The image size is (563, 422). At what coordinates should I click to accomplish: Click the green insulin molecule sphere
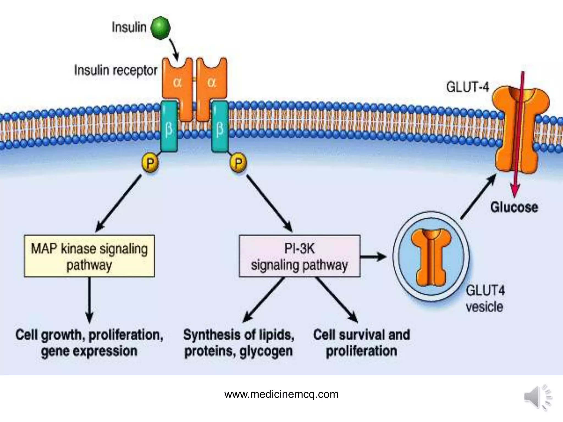pos(161,28)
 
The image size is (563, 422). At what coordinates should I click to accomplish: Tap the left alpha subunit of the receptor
pos(177,82)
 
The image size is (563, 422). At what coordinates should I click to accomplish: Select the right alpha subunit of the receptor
pos(212,82)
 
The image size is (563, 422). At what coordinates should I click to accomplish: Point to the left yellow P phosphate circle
pos(150,163)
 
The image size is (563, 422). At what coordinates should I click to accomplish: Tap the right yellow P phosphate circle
pos(238,163)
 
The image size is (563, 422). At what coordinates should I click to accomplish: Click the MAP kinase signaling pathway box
pos(89,256)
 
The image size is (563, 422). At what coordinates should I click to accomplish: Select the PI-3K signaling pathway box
pos(299,256)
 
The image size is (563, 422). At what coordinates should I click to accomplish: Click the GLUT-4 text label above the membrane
pos(468,87)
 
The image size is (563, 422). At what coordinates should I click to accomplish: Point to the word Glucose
pos(514,207)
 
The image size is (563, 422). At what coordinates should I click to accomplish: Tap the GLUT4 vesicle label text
pos(485,298)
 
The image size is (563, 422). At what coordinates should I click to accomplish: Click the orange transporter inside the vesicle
pos(431,257)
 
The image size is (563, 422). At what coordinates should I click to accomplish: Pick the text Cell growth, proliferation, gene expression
pos(89,343)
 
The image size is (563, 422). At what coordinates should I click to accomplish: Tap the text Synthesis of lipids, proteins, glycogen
pos(239,343)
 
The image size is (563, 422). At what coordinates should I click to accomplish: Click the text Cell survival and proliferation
pos(361,343)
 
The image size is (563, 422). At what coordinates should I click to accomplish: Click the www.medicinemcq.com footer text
pos(281,394)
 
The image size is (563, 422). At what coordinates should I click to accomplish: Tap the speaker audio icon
pos(537,397)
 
